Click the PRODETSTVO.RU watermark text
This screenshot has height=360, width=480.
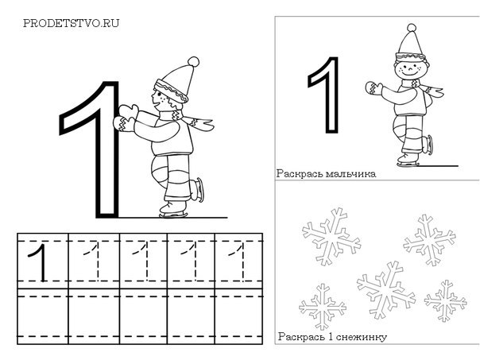[71, 23]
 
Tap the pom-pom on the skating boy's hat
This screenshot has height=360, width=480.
[193, 62]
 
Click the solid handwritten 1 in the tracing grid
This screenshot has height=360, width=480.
[39, 262]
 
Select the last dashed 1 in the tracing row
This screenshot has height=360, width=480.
[238, 261]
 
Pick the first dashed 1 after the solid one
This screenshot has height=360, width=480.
[92, 261]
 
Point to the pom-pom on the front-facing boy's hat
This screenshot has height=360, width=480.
[412, 28]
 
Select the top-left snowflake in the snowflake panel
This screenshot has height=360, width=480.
[331, 236]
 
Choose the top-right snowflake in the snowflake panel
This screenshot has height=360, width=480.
[429, 240]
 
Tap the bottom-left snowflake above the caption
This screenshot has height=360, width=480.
[323, 307]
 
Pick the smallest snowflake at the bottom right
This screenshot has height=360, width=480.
[445, 300]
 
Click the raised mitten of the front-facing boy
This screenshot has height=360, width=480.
[374, 88]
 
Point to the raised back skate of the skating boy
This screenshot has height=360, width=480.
[197, 190]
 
